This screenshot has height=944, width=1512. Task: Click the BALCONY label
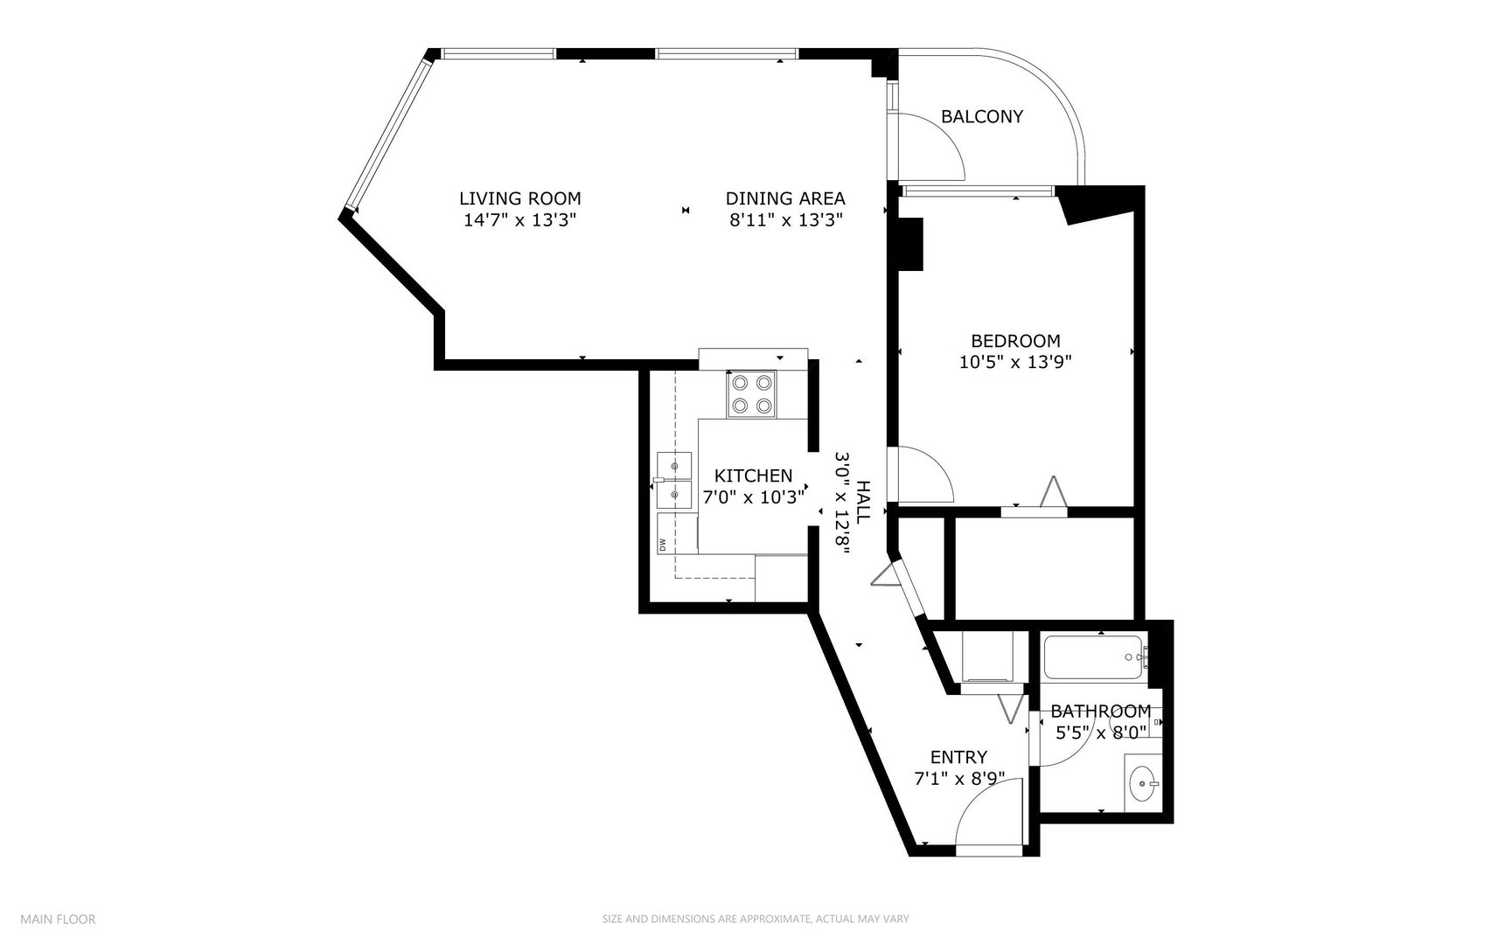click(982, 116)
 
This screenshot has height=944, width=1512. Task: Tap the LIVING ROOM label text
click(520, 198)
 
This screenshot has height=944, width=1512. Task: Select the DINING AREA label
click(785, 198)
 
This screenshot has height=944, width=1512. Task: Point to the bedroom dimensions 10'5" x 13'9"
click(1015, 362)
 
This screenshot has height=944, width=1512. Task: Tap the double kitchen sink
click(673, 480)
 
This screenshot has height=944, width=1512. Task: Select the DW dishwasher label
click(663, 545)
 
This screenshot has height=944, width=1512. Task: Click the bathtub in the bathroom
click(1093, 658)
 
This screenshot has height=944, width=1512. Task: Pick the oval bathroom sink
click(1143, 784)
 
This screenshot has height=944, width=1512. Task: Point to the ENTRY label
click(958, 757)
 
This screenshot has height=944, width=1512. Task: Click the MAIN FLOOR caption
click(58, 919)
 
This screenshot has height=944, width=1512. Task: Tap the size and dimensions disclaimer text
click(756, 919)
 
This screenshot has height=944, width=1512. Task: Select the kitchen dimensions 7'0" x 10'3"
click(753, 497)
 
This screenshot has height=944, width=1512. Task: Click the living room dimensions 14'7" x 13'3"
click(520, 220)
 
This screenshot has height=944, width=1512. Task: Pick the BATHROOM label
click(1101, 711)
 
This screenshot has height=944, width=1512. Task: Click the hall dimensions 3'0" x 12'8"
click(842, 500)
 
